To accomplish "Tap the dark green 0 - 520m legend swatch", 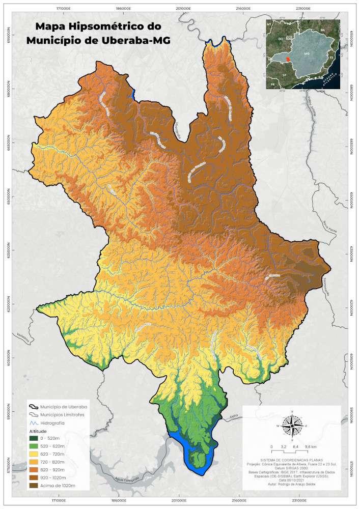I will [x=34, y=438].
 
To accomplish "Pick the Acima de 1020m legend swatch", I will [x=34, y=486].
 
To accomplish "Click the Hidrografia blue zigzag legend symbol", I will [x=34, y=423].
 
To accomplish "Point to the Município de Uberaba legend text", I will [x=64, y=407].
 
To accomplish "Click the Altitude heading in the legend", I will [x=38, y=431].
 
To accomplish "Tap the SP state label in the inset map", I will [x=285, y=75].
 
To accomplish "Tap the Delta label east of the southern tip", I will [x=234, y=416].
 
